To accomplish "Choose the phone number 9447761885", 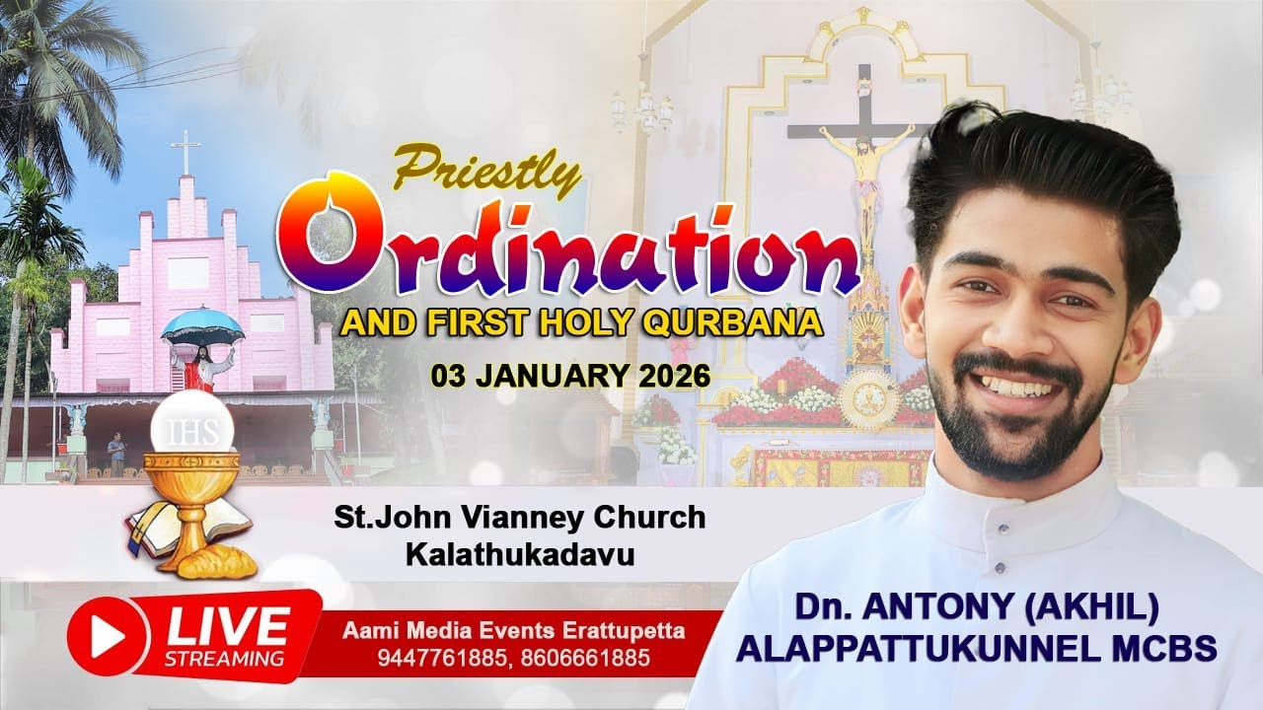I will tap(431, 657).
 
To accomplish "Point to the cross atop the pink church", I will tap(185, 152).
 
